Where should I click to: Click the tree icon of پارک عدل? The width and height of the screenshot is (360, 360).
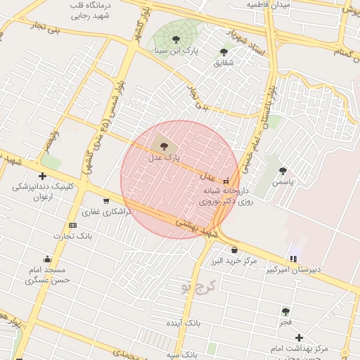(164, 146)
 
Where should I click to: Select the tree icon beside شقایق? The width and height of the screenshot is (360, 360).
(224, 52)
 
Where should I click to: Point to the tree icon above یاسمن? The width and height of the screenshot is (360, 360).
(283, 171)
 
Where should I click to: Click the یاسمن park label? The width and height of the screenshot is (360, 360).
(286, 181)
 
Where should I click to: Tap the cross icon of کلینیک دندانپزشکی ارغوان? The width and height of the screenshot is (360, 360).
(43, 176)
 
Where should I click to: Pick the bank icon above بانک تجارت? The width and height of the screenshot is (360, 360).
(72, 225)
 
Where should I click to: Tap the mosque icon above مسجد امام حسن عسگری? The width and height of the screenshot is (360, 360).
(47, 258)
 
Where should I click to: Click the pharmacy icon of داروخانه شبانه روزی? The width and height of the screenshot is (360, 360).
(226, 180)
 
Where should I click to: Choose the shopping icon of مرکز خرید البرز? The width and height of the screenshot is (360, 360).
(234, 250)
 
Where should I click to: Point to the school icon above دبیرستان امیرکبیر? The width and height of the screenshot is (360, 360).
(293, 258)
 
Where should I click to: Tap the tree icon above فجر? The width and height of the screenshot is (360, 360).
(285, 311)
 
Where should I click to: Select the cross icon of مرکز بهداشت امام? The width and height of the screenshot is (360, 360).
(299, 338)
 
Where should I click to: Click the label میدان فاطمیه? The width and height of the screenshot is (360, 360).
(267, 5)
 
